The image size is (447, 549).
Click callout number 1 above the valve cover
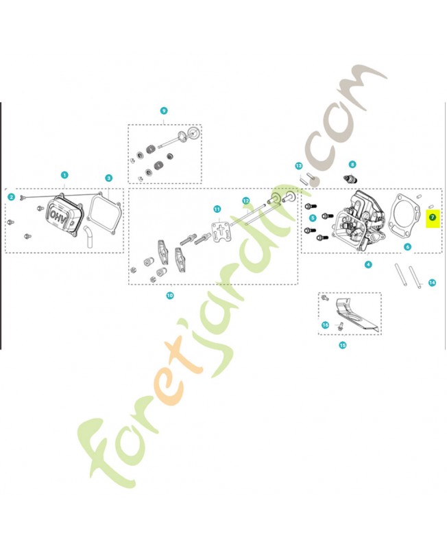click(x=64, y=175)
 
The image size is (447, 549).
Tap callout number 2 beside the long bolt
click(x=12, y=197)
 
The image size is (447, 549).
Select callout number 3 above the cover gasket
click(x=109, y=178)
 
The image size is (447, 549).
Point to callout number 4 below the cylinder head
click(x=368, y=265)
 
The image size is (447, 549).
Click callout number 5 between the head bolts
click(x=313, y=218)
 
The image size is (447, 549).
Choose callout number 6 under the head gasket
click(x=407, y=247)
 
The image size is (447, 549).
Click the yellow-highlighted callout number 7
click(x=433, y=218)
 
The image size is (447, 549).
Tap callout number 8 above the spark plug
click(x=352, y=164)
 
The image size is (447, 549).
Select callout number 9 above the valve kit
click(x=164, y=110)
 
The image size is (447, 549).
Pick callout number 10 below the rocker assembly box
click(x=169, y=296)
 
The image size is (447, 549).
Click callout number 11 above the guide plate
click(x=217, y=209)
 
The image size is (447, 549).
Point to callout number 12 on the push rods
click(x=246, y=200)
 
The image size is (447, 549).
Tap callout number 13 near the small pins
click(x=298, y=165)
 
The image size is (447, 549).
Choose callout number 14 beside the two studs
click(x=432, y=283)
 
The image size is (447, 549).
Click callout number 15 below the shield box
click(x=342, y=345)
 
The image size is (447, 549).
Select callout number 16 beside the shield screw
click(x=325, y=325)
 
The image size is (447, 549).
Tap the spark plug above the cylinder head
click(x=351, y=180)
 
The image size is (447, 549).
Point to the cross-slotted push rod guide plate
click(x=218, y=228)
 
